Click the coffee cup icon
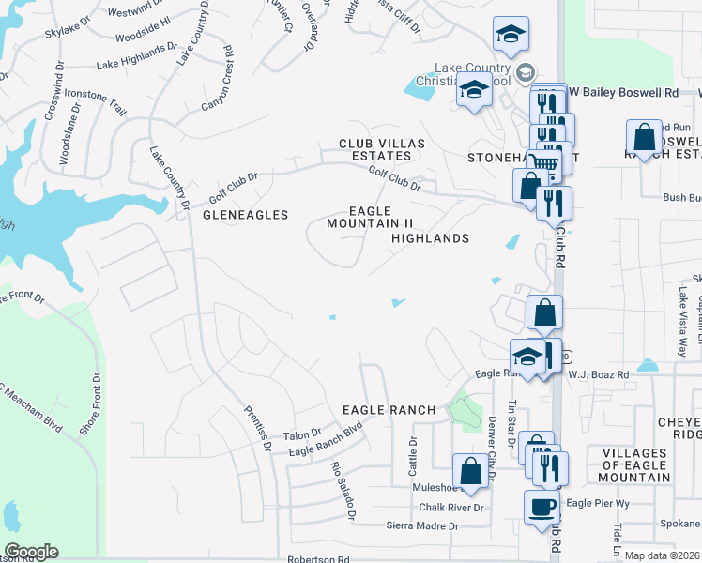542,508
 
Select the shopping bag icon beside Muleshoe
470,470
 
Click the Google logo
31,552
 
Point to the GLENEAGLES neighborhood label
245,215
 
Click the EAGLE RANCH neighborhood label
389,410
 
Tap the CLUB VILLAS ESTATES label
382,149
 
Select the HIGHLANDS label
430,238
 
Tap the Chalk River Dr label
450,508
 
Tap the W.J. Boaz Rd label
598,373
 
